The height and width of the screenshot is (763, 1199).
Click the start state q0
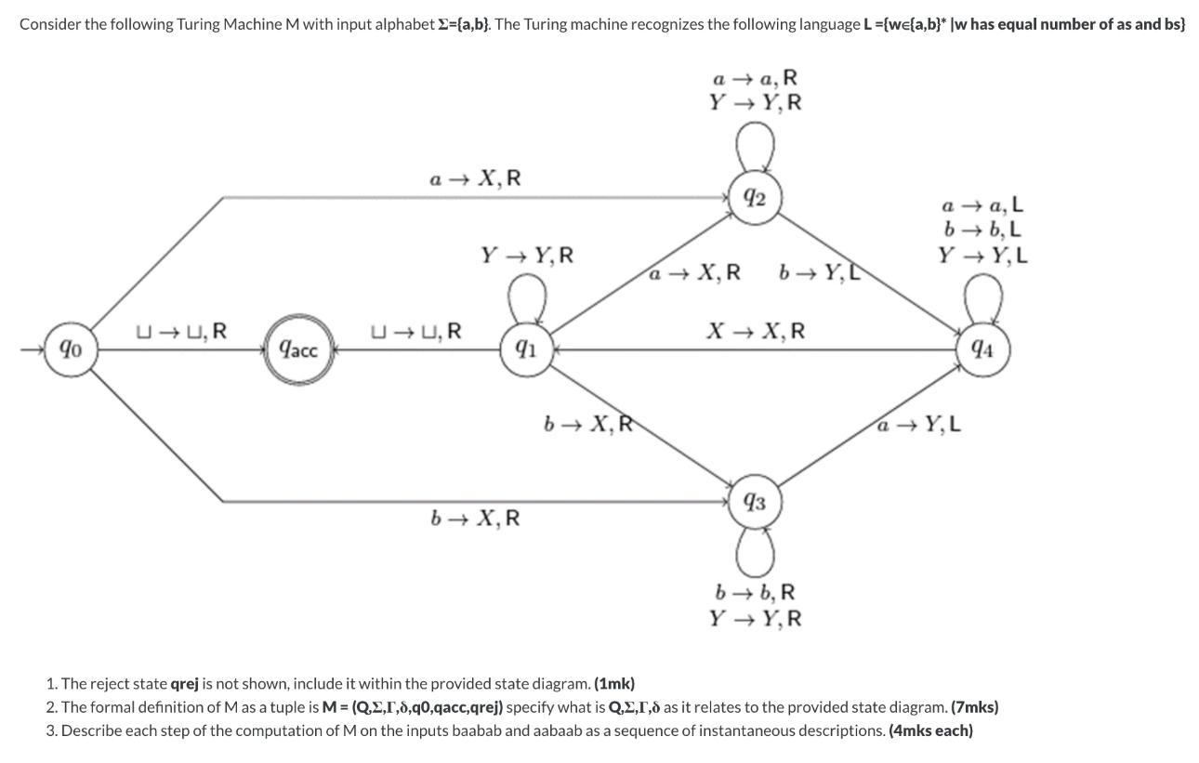pos(71,349)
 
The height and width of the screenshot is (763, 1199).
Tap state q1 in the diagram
pos(524,350)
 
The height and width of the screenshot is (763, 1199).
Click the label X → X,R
pos(755,331)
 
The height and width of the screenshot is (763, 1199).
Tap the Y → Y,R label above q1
pos(526,253)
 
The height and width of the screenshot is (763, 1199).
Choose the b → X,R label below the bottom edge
pos(474,518)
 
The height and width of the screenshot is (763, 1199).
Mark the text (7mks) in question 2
pos(971,706)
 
